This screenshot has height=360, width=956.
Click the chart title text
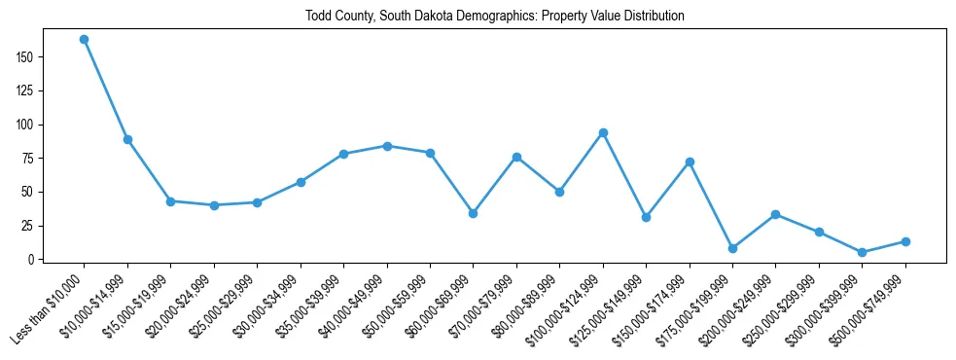pyautogui.click(x=496, y=17)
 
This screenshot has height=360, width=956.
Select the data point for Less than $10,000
pyautogui.click(x=84, y=40)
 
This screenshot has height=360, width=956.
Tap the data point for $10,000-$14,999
pyautogui.click(x=127, y=140)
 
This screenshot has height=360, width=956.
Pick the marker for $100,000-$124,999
pyautogui.click(x=603, y=132)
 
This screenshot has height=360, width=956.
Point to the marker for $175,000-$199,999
pyautogui.click(x=732, y=248)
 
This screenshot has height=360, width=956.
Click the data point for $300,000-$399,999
pyautogui.click(x=863, y=252)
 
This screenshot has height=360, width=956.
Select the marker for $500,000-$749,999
pyautogui.click(x=905, y=241)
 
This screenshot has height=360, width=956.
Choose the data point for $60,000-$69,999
pyautogui.click(x=473, y=213)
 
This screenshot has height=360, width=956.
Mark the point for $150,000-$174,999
pyautogui.click(x=690, y=162)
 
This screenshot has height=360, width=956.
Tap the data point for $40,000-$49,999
pyautogui.click(x=387, y=146)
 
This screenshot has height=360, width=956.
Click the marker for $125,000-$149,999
pyautogui.click(x=646, y=217)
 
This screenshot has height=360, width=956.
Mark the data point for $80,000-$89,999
pyautogui.click(x=559, y=192)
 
